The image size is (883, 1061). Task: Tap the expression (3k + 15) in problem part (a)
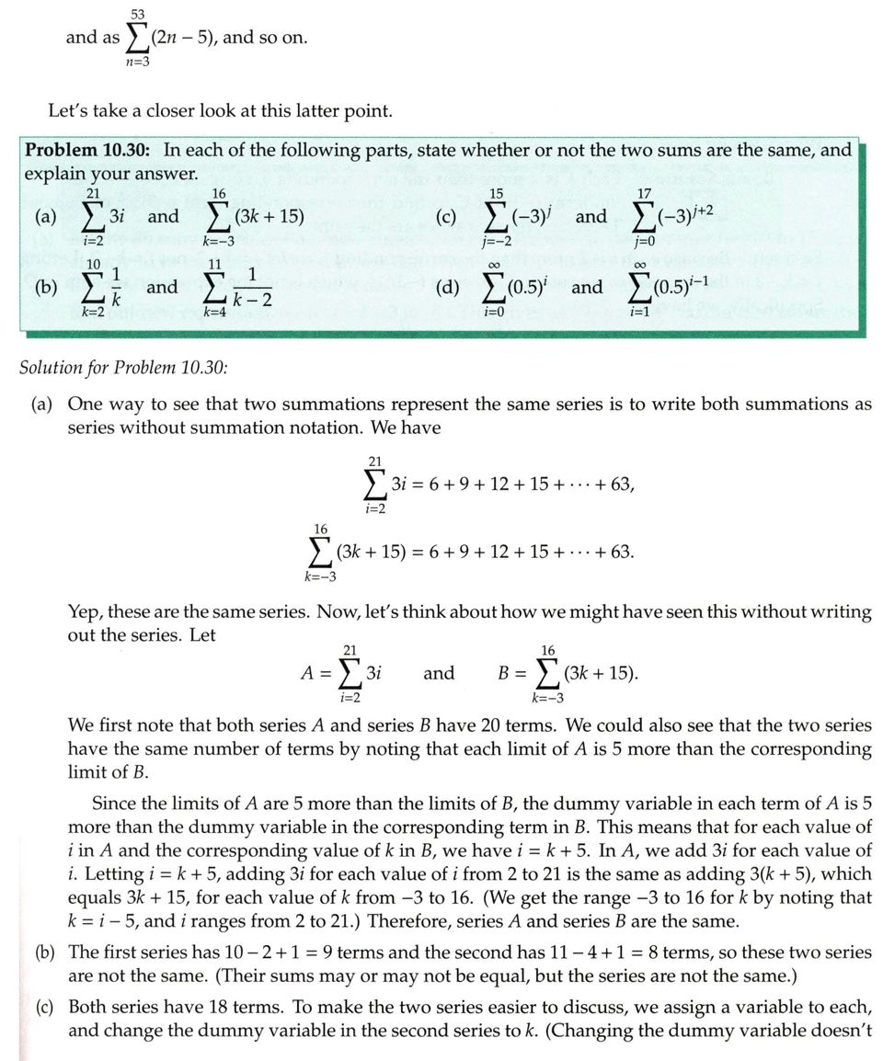pyautogui.click(x=269, y=217)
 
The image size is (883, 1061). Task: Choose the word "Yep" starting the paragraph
pyautogui.click(x=86, y=611)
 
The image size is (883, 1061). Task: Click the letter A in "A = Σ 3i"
pyautogui.click(x=309, y=673)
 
